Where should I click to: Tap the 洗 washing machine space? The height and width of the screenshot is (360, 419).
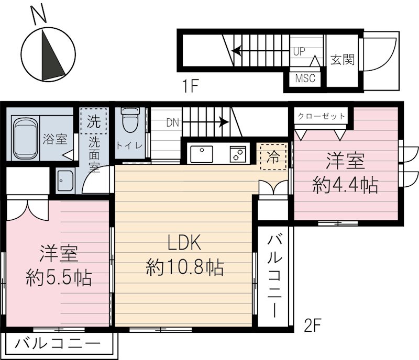[x=94, y=122]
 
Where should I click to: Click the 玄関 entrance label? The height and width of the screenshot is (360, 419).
[x=342, y=59]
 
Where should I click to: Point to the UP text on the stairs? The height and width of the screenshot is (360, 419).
[x=300, y=51]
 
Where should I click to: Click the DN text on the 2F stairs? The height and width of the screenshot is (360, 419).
[x=173, y=123]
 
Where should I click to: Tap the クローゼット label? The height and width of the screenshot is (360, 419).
[x=322, y=116]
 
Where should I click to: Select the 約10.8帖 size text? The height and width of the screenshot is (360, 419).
[x=185, y=268]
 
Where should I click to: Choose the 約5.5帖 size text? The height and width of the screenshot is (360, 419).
[x=59, y=277]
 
